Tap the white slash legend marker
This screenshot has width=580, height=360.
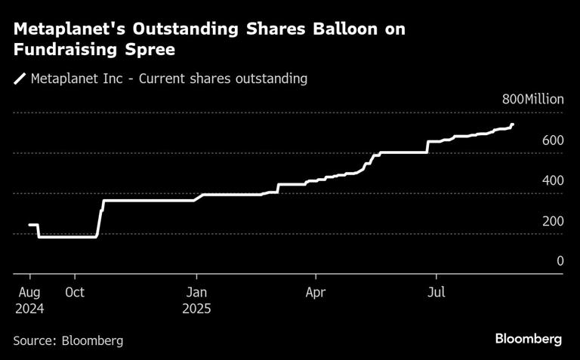coord(19,78)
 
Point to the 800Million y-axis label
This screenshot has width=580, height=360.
coord(532,100)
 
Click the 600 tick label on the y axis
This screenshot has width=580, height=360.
coord(553,141)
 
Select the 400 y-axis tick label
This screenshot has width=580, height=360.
coord(553,181)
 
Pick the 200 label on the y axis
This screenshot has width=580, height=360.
coord(553,221)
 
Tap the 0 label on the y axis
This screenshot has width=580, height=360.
coord(560,261)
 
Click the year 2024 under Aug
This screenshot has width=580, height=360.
coord(29,308)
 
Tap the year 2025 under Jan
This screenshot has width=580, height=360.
coord(196,308)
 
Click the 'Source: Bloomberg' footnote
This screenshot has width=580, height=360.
coord(68,341)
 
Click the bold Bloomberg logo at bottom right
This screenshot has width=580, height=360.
coord(529,340)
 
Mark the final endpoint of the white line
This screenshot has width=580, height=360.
coord(513,125)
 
